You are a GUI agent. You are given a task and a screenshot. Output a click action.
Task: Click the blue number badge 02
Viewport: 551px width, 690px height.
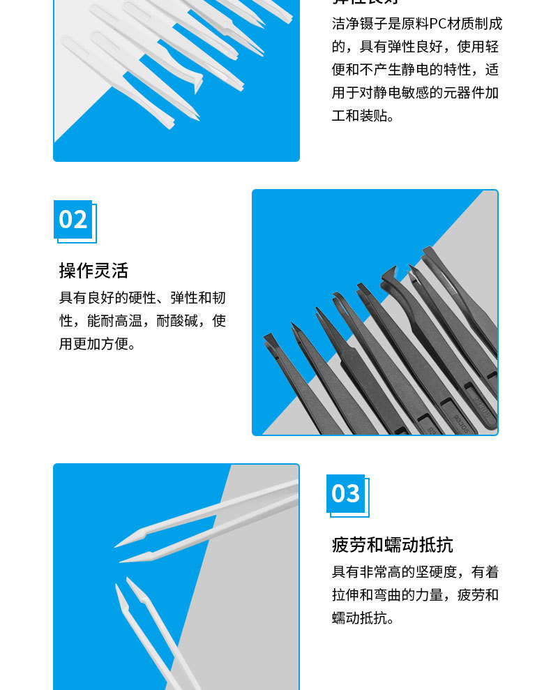point(73,219)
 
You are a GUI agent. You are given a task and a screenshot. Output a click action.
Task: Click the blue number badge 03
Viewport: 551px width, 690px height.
point(346,493)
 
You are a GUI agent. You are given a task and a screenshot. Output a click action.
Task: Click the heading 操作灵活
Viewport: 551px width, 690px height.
point(93,271)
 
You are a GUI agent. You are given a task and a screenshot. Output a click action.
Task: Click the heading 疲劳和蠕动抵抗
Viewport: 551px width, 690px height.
point(392,545)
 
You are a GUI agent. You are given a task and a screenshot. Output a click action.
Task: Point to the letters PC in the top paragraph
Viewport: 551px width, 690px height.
point(437,24)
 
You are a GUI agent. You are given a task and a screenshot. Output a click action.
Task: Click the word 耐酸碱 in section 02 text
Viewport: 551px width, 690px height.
point(181,321)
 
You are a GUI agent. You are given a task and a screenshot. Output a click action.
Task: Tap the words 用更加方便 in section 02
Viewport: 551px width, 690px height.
point(94,344)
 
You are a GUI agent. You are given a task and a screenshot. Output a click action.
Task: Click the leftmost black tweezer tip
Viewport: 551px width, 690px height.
point(266,337)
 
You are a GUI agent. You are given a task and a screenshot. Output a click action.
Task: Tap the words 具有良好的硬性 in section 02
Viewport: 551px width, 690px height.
point(108,298)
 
